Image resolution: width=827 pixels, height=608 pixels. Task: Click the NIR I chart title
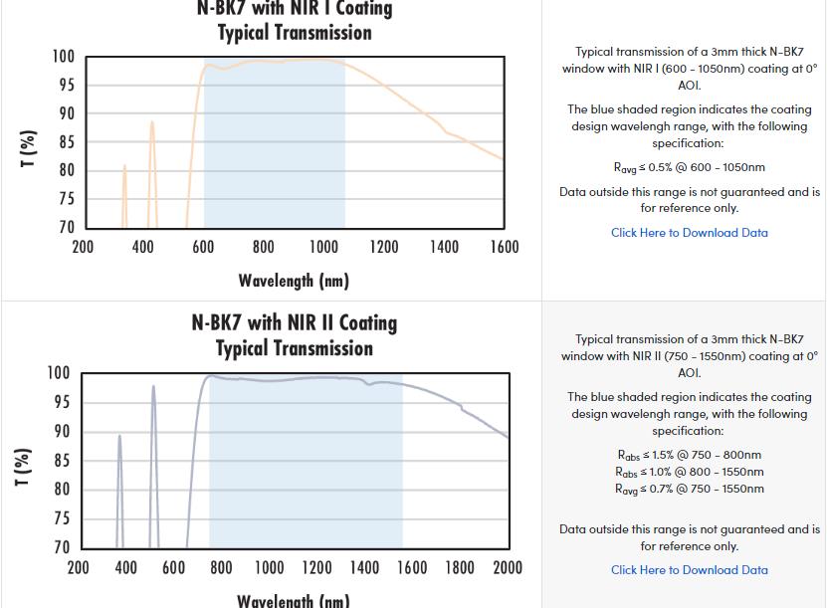pyautogui.click(x=294, y=20)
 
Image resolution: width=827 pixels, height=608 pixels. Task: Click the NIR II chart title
pyautogui.click(x=294, y=335)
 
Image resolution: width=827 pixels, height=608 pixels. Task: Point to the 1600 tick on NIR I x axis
pyautogui.click(x=504, y=247)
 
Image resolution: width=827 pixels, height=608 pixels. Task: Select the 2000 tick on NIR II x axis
pyautogui.click(x=507, y=567)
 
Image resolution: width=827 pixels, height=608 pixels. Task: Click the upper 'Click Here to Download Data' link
pyautogui.click(x=689, y=233)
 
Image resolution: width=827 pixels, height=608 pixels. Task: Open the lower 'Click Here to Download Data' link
pyautogui.click(x=689, y=570)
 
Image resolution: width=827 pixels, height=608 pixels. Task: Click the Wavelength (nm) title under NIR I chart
pyautogui.click(x=294, y=281)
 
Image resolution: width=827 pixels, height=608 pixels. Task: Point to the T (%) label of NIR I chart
pyautogui.click(x=29, y=148)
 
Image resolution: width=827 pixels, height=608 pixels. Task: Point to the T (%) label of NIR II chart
pyautogui.click(x=23, y=467)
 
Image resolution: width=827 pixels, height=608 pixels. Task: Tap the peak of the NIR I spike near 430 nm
pyautogui.click(x=152, y=122)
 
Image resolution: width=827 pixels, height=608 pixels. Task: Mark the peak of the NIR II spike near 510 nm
pyautogui.click(x=153, y=386)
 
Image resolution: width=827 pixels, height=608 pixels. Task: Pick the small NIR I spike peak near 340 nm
pyautogui.click(x=124, y=166)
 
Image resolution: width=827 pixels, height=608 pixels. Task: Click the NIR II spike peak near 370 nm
pyautogui.click(x=119, y=435)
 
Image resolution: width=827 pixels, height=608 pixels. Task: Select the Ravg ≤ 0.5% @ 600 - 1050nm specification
pyautogui.click(x=689, y=168)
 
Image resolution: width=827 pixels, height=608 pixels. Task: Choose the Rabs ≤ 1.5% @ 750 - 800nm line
pyautogui.click(x=689, y=455)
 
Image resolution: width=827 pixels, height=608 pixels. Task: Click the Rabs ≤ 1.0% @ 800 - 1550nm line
pyautogui.click(x=689, y=472)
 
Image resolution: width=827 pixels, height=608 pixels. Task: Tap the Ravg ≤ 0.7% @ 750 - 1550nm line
pyautogui.click(x=689, y=489)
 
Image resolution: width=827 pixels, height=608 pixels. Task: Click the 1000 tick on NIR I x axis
pyautogui.click(x=323, y=247)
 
